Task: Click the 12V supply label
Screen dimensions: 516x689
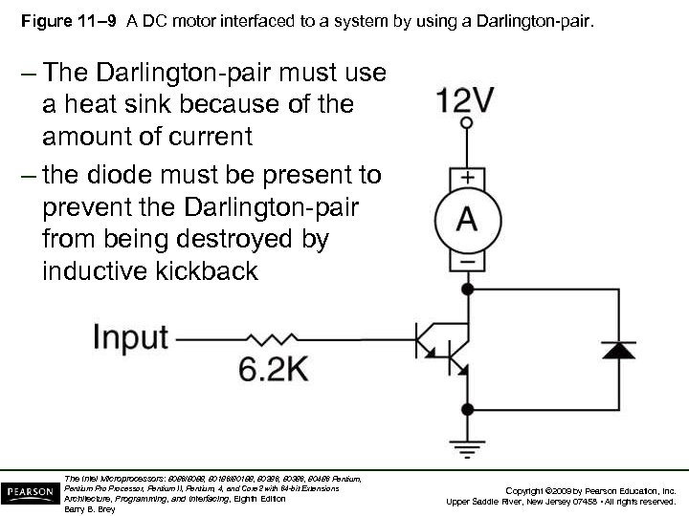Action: click(466, 99)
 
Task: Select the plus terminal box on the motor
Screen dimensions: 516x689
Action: click(466, 179)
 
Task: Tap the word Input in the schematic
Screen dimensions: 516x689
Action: click(130, 337)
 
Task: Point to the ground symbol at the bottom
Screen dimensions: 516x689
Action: click(466, 447)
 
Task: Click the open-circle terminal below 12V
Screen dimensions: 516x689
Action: click(466, 123)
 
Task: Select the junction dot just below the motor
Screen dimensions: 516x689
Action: click(466, 288)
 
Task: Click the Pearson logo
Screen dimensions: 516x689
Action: click(29, 493)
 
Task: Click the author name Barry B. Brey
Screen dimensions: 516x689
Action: click(88, 509)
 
